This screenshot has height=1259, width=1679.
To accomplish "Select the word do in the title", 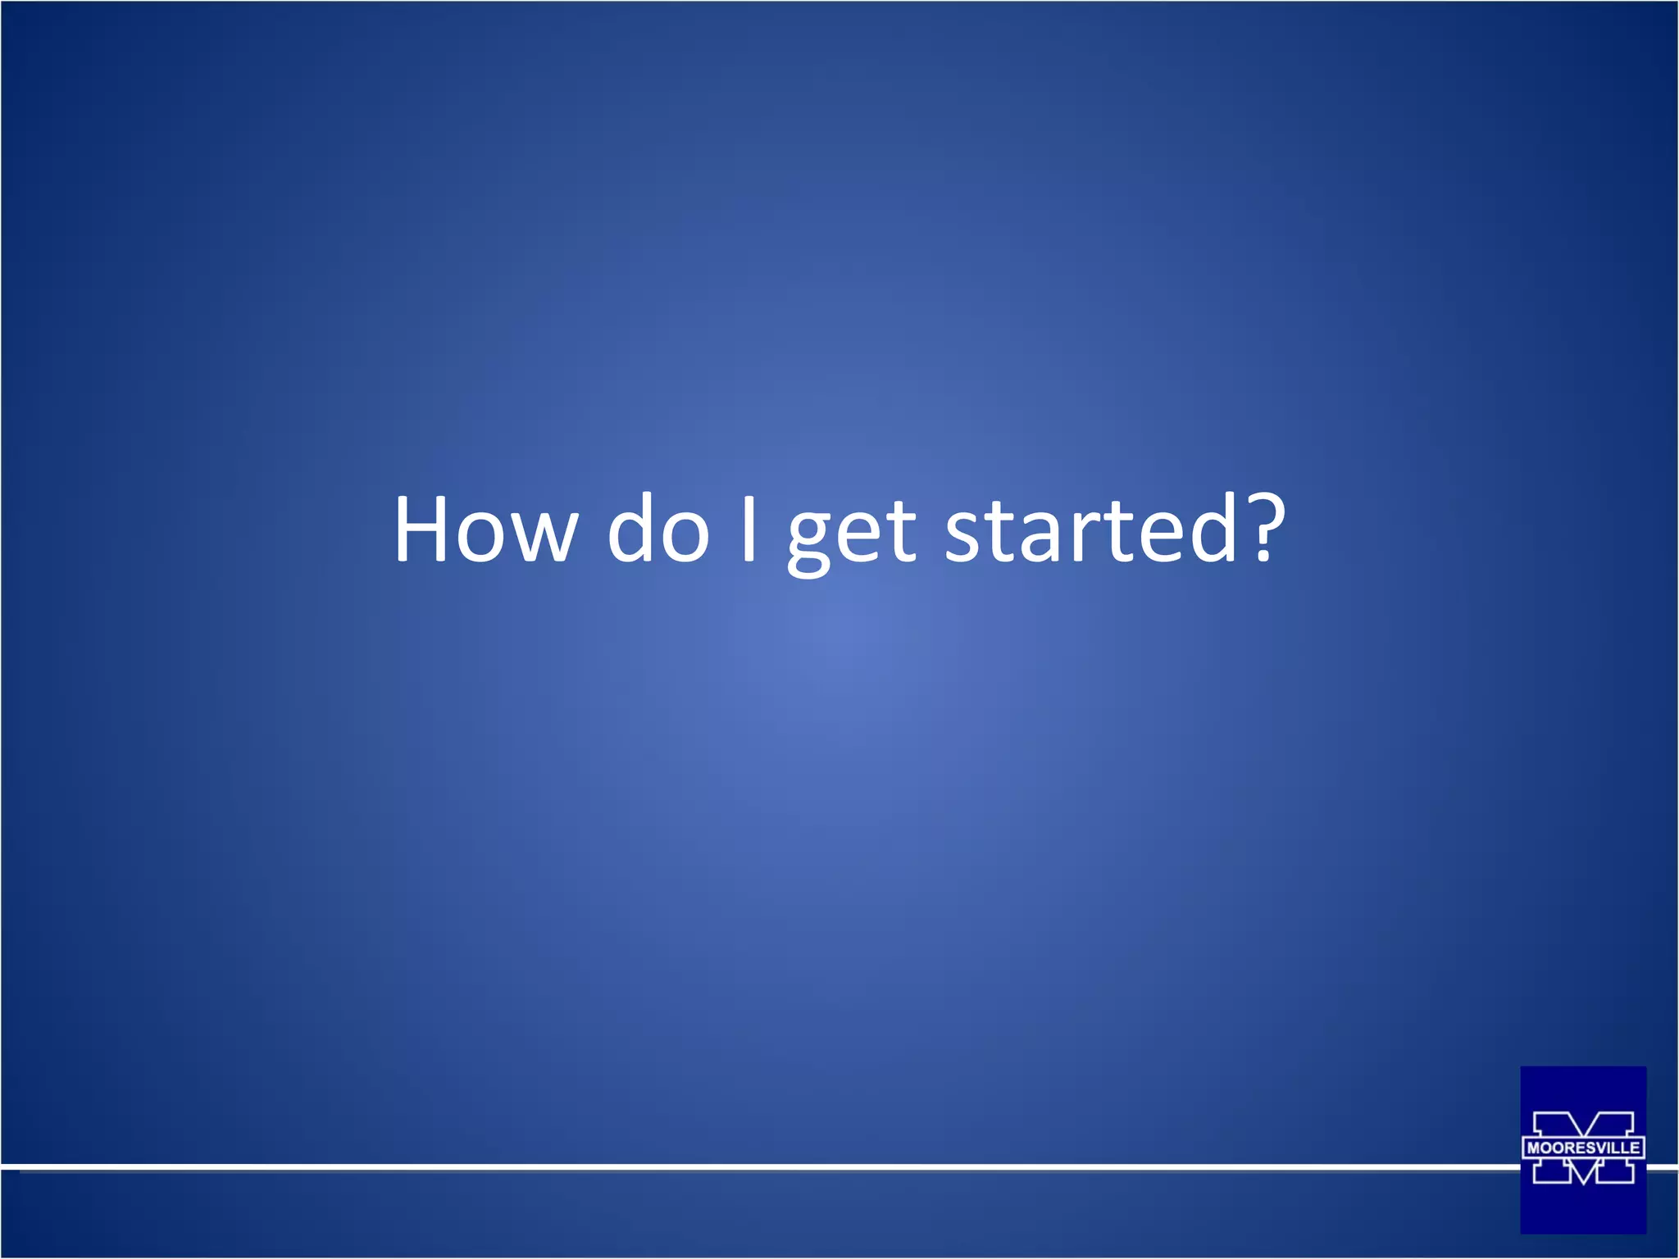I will (x=658, y=530).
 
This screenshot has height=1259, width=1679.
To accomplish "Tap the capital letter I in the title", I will (x=748, y=530).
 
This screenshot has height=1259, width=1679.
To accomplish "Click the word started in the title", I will (x=1090, y=530).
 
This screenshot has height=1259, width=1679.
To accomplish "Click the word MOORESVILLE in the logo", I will (x=1583, y=1148).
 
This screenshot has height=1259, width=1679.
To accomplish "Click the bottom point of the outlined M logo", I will (x=1583, y=1184).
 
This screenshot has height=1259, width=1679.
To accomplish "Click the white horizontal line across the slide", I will (x=738, y=1165).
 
